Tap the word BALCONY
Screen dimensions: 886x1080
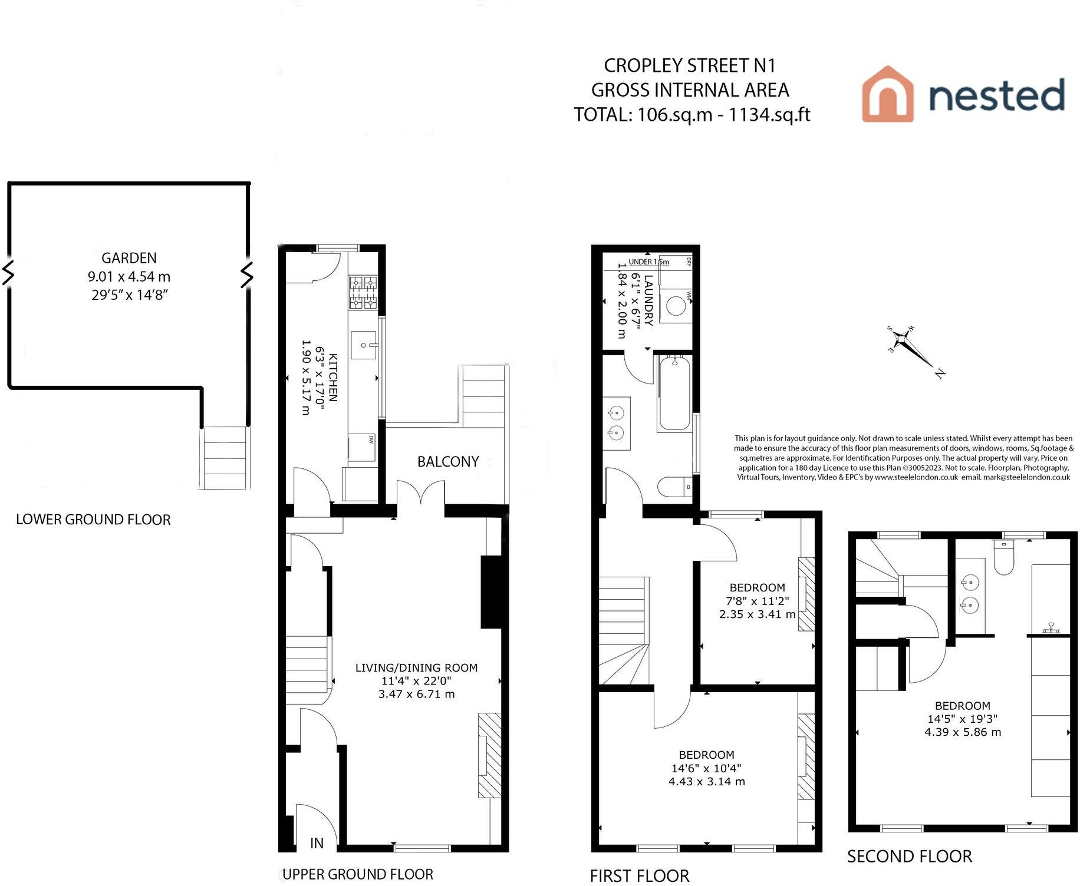[448, 462]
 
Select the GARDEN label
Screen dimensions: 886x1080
[129, 258]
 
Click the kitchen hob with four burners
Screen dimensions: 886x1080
[363, 293]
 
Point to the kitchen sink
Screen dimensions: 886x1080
[363, 345]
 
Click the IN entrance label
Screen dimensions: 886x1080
[317, 843]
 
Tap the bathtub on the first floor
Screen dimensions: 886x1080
[674, 393]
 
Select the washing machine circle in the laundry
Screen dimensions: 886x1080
[676, 306]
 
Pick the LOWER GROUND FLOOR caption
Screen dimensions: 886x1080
[93, 520]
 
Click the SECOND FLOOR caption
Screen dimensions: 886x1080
[909, 857]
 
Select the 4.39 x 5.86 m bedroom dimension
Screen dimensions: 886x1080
[963, 732]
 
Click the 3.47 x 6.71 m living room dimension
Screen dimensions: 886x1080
[416, 694]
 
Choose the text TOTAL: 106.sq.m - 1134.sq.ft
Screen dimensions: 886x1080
[692, 114]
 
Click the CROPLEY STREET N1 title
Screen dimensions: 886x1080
[690, 65]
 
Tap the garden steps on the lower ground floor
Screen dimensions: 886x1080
[224, 458]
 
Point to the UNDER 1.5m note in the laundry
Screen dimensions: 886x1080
[648, 262]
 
